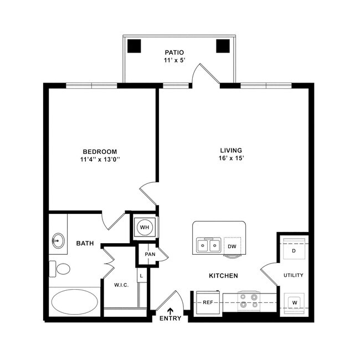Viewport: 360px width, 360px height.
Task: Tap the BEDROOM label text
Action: tap(100, 152)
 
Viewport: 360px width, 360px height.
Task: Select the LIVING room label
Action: tap(232, 150)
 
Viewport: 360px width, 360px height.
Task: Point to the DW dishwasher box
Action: tap(233, 246)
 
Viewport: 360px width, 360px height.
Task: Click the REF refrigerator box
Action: tap(208, 302)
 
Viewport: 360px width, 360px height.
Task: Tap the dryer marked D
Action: tap(294, 250)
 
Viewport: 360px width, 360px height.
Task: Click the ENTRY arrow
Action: tap(170, 311)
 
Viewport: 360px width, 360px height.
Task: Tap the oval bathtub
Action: tap(74, 301)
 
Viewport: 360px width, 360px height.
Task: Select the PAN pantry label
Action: tap(150, 254)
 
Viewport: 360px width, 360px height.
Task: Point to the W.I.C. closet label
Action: tap(122, 285)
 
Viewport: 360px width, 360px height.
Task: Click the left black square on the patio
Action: tap(135, 46)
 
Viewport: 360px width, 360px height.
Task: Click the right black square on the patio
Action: tap(223, 46)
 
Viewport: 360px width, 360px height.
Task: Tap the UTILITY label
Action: tap(294, 275)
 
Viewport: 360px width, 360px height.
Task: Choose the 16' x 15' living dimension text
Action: tap(232, 158)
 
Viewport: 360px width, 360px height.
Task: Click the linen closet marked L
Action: tap(141, 275)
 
